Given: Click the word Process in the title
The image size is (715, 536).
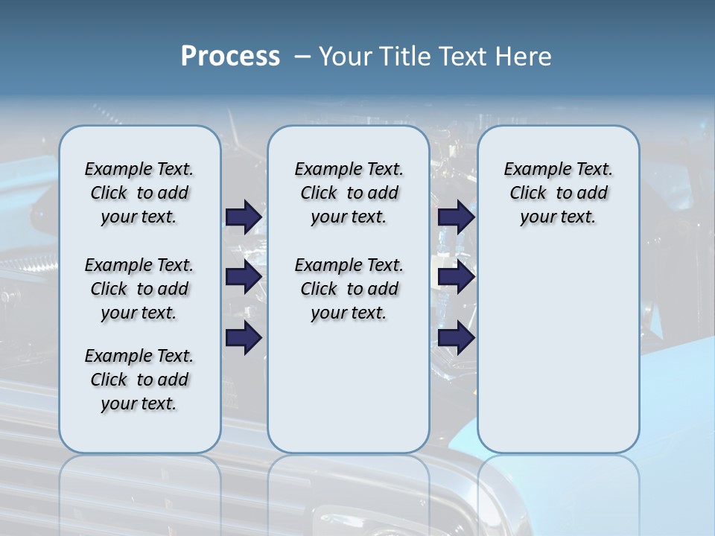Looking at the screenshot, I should [x=230, y=57].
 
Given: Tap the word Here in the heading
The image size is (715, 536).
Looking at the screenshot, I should [x=525, y=57].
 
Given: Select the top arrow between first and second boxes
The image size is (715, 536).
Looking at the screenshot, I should [x=244, y=217].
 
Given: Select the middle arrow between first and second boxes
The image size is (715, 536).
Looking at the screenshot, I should [x=244, y=278].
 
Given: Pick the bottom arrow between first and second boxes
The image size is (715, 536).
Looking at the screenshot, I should [x=244, y=338].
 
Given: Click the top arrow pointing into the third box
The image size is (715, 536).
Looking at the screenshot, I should [x=456, y=217].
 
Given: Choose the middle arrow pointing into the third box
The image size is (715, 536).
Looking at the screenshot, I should [x=456, y=278].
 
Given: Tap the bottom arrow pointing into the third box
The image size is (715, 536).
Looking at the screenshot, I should [x=456, y=338].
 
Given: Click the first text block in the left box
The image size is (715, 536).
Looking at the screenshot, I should [x=139, y=193].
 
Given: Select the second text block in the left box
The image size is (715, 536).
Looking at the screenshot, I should [x=139, y=289].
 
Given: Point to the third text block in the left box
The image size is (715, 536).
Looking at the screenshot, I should [x=139, y=380].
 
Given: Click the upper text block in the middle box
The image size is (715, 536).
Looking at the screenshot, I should [x=349, y=193].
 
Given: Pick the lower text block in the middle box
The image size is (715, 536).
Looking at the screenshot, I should [x=349, y=289].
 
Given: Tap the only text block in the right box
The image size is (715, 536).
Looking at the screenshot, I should [x=558, y=193].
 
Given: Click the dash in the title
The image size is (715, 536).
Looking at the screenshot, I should [x=302, y=57].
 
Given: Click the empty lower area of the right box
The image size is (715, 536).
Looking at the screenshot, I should [x=558, y=350].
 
